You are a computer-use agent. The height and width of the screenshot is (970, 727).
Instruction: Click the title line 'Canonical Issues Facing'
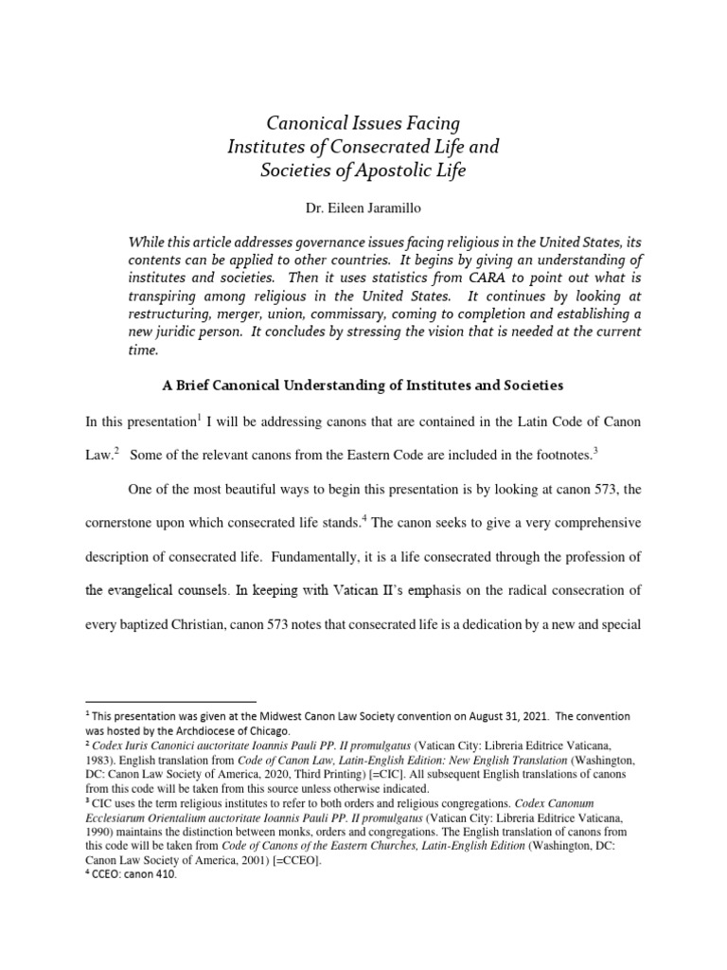coord(363,123)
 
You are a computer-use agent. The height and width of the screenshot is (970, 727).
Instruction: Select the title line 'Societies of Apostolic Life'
coord(363,171)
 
